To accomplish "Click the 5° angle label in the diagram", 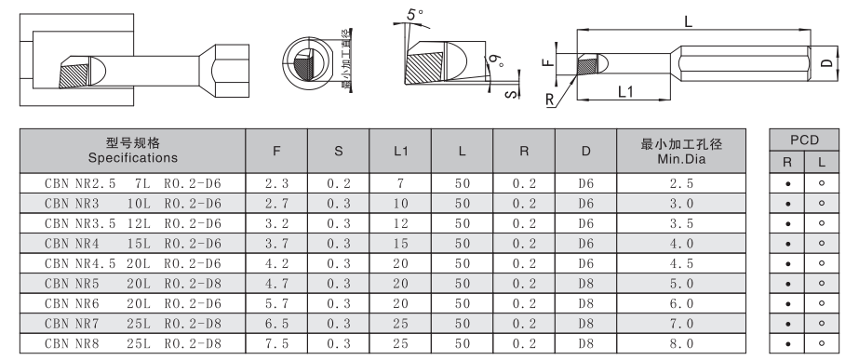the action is [415, 13].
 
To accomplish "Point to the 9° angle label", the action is [497, 60].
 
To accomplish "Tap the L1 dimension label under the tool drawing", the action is [625, 91].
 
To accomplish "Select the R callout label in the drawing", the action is [550, 100].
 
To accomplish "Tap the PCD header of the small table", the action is [804, 140].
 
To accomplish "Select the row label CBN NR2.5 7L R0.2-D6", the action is [133, 183].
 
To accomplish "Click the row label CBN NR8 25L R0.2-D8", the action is [133, 344].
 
